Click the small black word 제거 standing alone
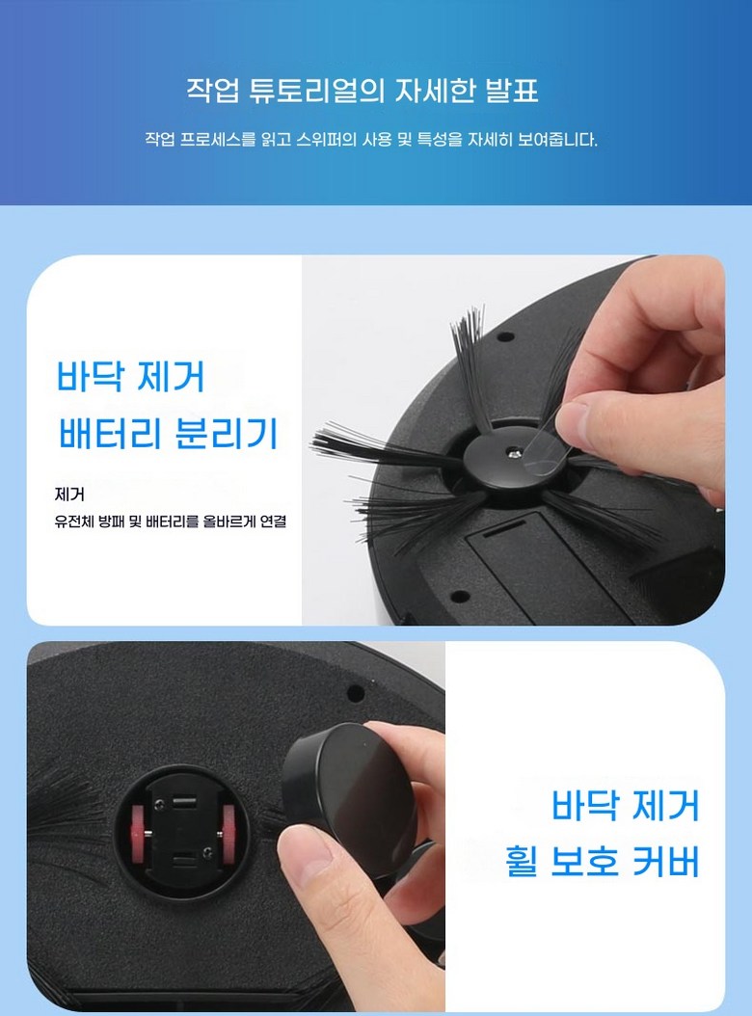tap(69, 495)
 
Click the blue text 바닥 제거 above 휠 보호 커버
tap(626, 806)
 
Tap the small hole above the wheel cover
tap(355, 693)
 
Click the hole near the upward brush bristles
tap(505, 337)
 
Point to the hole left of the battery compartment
tap(460, 596)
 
